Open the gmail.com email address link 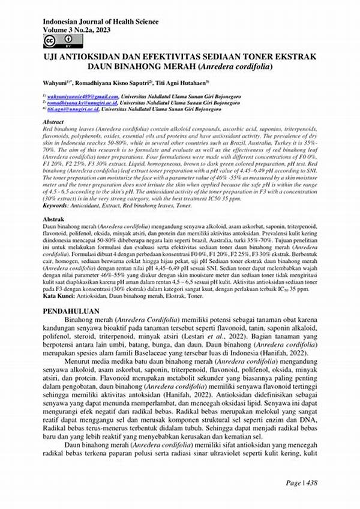83,95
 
